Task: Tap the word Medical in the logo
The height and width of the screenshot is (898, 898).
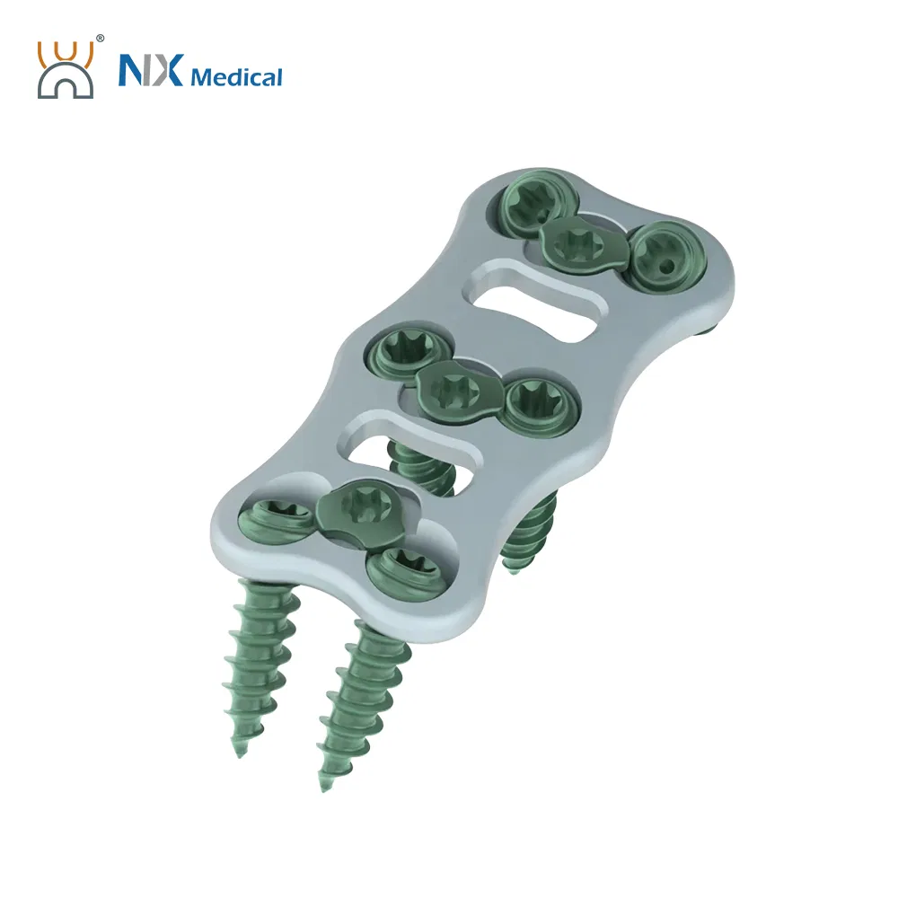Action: click(x=235, y=76)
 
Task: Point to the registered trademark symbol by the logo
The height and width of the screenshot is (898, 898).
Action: click(x=100, y=39)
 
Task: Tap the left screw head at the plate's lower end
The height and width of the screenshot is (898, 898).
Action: click(x=265, y=520)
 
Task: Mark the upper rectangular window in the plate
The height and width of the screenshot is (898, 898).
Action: click(x=530, y=301)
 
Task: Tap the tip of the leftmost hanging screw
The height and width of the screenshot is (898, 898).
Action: click(x=237, y=751)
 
